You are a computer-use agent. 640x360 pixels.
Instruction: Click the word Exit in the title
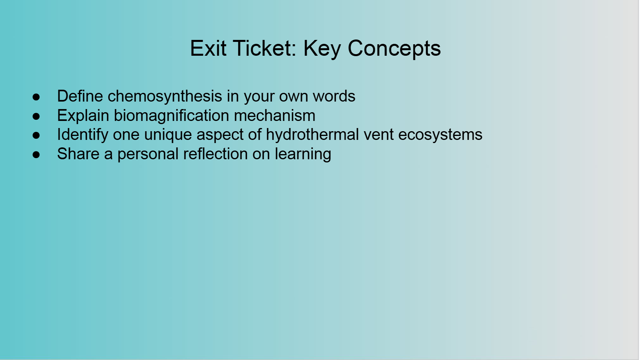coord(208,48)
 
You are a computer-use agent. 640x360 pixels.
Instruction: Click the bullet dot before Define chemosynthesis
coord(36,97)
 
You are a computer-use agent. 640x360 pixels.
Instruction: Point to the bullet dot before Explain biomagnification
coord(36,116)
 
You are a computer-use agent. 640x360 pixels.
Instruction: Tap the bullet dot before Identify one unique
coord(36,135)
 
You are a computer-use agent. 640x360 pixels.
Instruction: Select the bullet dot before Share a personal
coord(36,155)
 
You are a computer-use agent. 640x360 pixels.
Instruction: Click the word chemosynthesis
coord(165,96)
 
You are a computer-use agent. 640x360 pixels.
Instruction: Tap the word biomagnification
coord(171,116)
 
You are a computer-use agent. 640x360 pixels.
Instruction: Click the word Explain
coord(83,116)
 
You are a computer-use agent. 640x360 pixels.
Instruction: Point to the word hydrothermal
coord(312,135)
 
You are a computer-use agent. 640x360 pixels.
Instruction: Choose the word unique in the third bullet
coord(168,135)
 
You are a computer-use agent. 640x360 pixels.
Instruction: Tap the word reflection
coord(215,153)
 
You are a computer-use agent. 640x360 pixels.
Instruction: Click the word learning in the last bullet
coord(303,154)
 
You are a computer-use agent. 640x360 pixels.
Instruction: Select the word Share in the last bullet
coord(78,153)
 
